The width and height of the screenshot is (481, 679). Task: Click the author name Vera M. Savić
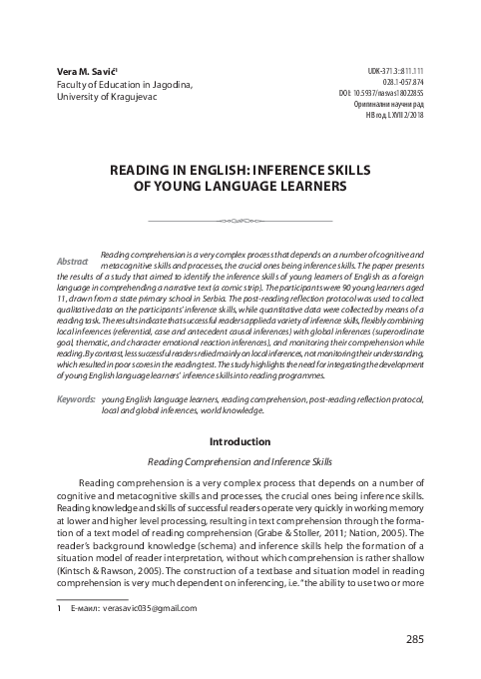[x=84, y=72]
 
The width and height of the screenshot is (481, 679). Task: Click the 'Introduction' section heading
[x=240, y=440]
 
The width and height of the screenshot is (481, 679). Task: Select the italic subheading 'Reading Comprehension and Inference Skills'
[x=240, y=463]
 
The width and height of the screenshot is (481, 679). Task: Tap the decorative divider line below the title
[x=240, y=220]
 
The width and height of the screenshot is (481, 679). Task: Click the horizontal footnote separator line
[x=92, y=596]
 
